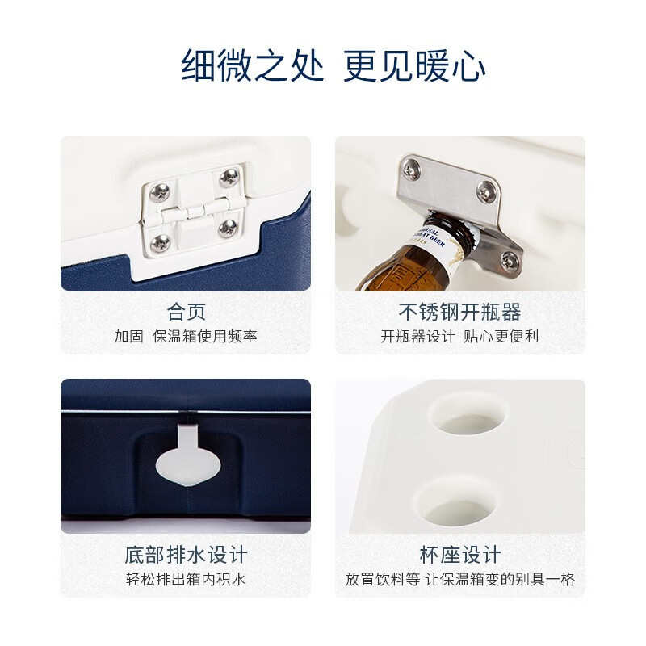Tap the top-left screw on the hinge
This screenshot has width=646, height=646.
pos(160,192)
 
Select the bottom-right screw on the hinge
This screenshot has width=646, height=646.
pos(229,227)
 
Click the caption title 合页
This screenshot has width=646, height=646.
pos(186,312)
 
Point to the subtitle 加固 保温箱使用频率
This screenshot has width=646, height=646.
pos(186,336)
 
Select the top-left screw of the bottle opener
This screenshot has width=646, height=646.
pos(412,169)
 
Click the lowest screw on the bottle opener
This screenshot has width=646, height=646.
pos(509,260)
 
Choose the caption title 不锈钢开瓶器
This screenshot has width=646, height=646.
pos(459,312)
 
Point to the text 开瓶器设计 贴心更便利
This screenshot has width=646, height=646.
pos(459,336)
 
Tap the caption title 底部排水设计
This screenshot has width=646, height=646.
pos(186,556)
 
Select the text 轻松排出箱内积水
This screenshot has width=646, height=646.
pos(186,580)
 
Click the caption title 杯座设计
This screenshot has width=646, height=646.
pos(459,556)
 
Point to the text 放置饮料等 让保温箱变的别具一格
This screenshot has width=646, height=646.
pos(459,580)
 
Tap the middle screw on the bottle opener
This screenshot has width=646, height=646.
pos(485,191)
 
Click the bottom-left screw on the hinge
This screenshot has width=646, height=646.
pos(161,242)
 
